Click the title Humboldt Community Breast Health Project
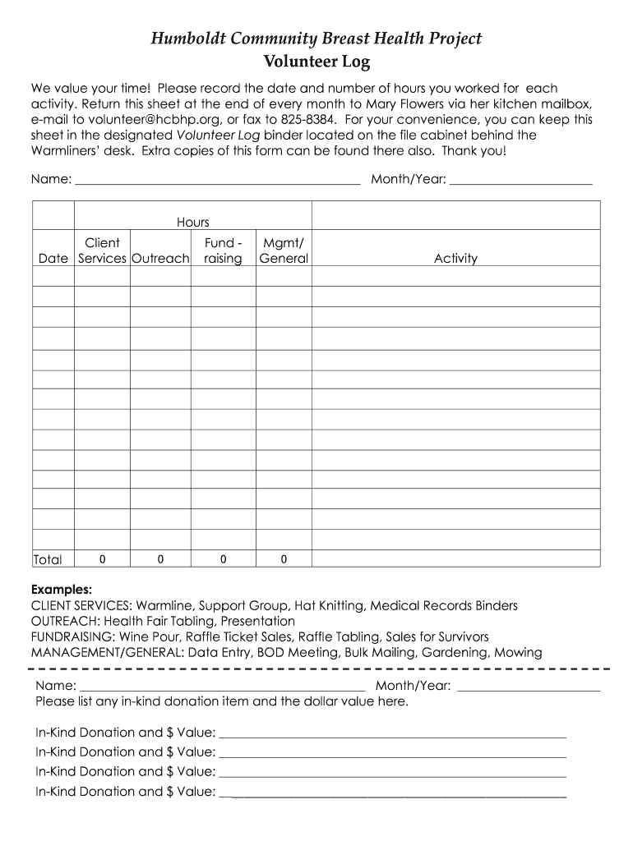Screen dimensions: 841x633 316,38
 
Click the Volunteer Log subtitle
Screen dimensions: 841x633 316,62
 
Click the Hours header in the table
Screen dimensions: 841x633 192,223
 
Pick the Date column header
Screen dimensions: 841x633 53,259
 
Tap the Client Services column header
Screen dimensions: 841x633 102,250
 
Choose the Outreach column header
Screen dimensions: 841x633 161,259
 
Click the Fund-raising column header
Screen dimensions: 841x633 223,250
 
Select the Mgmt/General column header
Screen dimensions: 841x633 284,250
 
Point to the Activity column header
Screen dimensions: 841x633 455,259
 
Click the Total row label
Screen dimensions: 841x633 48,559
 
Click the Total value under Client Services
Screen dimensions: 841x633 102,559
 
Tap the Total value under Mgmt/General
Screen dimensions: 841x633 284,559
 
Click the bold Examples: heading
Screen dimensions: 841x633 62,590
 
